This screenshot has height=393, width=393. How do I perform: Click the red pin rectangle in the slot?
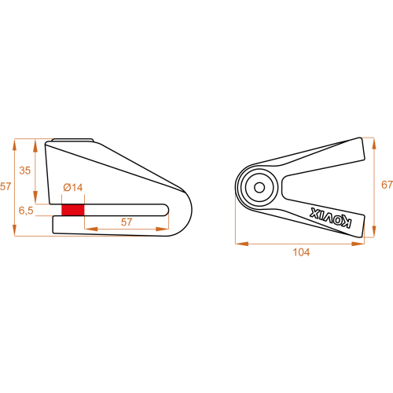[x=73, y=210]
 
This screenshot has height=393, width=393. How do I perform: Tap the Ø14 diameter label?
[x=73, y=188]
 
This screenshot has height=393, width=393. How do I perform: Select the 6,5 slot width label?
[x=26, y=211]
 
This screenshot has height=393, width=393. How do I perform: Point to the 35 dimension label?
[x=25, y=171]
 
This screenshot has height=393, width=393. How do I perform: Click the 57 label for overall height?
[x=6, y=186]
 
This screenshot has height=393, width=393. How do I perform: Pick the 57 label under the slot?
[x=127, y=222]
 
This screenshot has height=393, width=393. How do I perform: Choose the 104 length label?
[x=301, y=252]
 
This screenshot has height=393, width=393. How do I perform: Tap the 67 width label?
[x=387, y=185]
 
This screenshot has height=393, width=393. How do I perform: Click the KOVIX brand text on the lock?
[x=331, y=218]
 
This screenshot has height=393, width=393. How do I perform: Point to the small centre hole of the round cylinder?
[x=259, y=188]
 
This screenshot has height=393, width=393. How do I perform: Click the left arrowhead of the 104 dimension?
[x=241, y=244]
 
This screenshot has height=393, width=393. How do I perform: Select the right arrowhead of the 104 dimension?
[x=358, y=244]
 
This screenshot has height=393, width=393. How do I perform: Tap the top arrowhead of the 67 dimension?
[x=374, y=143]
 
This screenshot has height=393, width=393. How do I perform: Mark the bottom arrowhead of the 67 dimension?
[x=374, y=231]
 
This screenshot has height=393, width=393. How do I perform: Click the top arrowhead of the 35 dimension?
[x=35, y=145]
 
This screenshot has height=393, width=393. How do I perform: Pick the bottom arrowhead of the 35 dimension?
[x=35, y=197]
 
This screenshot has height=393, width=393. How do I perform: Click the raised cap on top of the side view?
[x=72, y=140]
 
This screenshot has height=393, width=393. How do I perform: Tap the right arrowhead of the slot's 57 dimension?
[x=163, y=229]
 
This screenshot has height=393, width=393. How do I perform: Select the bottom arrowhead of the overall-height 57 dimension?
[x=14, y=230]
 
